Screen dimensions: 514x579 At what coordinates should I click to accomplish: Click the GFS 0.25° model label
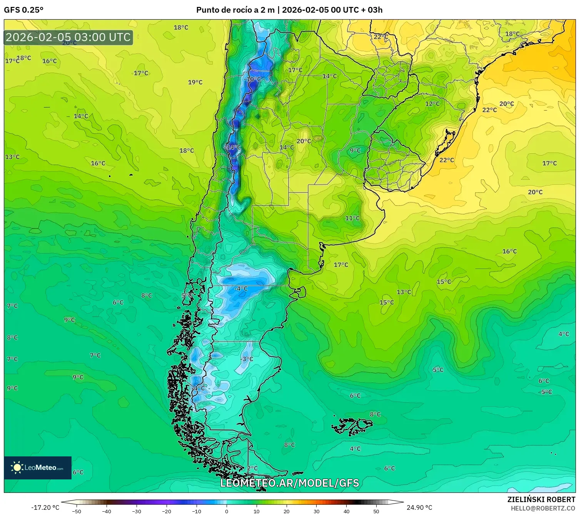(x=23, y=10)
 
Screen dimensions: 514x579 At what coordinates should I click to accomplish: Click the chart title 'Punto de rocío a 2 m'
(x=235, y=10)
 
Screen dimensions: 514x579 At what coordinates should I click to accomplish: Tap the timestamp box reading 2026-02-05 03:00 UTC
(x=68, y=37)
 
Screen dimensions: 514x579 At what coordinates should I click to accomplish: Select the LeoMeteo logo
(x=38, y=468)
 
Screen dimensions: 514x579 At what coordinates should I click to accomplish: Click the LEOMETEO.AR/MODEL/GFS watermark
(x=289, y=483)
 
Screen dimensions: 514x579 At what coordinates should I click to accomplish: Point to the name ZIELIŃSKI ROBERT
(x=541, y=499)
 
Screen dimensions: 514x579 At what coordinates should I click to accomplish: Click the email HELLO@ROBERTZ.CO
(x=543, y=508)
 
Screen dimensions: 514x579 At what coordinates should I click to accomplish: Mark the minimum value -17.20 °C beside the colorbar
(x=45, y=507)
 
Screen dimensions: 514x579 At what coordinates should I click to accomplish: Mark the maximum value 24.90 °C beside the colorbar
(x=419, y=507)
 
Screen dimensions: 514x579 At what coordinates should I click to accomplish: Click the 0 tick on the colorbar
(x=227, y=511)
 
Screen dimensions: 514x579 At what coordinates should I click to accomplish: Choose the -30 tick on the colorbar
(x=137, y=511)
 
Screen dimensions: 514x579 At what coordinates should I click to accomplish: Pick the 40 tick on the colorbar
(x=347, y=511)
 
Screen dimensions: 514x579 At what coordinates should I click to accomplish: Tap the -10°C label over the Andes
(x=252, y=79)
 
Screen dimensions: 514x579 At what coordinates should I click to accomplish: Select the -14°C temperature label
(x=233, y=148)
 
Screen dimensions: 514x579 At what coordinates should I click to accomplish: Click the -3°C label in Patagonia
(x=247, y=359)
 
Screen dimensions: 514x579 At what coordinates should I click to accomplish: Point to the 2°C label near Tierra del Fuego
(x=252, y=468)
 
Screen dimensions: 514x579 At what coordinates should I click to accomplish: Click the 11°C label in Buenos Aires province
(x=352, y=218)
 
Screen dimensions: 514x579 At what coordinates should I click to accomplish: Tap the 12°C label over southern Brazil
(x=432, y=104)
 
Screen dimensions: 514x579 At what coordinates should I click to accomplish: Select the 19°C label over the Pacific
(x=195, y=82)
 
